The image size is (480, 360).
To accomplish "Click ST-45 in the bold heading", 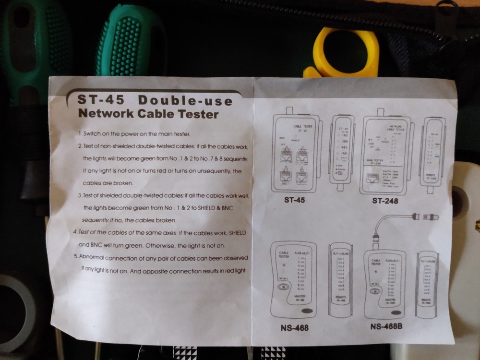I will [x=101, y=100].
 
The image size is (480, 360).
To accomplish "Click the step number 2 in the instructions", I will [x=80, y=145].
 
